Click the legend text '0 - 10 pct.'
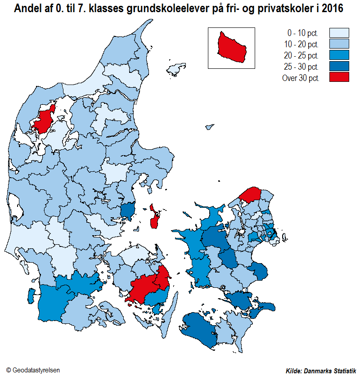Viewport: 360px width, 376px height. [x=303, y=33]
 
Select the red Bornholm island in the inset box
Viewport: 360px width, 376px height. [x=231, y=47]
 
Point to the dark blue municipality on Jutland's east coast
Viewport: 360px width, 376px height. [x=128, y=211]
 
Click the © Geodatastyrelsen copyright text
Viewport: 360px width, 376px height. [x=33, y=370]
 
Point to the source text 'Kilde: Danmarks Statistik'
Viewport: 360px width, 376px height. [x=321, y=371]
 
